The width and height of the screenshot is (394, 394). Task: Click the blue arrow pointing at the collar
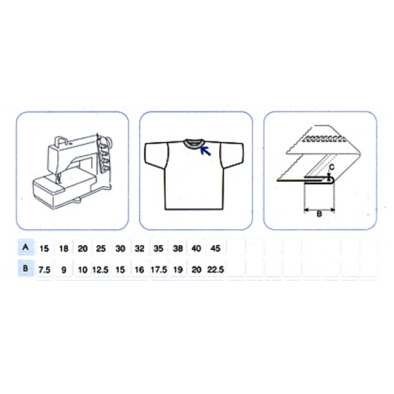click(x=206, y=151)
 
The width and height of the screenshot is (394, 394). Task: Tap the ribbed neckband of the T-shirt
click(x=193, y=143)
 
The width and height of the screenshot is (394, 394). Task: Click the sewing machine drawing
click(x=72, y=172)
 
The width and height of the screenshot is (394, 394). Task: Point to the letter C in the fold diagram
click(x=332, y=167)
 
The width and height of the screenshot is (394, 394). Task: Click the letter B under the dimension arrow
click(x=319, y=214)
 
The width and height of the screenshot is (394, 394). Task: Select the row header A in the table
click(x=25, y=247)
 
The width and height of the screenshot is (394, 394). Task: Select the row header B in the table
click(x=25, y=268)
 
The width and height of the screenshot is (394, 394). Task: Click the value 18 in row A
click(x=64, y=249)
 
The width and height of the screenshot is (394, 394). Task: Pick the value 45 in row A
click(x=216, y=249)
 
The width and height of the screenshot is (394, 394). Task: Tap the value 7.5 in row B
click(x=44, y=270)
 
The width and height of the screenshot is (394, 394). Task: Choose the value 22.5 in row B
click(x=216, y=269)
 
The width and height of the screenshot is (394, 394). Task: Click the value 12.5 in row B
click(x=100, y=270)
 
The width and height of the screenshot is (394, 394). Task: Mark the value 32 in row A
click(x=140, y=249)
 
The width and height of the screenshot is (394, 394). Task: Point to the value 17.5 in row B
click(x=159, y=269)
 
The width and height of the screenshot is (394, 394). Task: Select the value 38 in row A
click(x=178, y=249)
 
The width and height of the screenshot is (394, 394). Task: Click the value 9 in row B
click(x=64, y=270)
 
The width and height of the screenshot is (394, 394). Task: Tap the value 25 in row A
click(x=101, y=249)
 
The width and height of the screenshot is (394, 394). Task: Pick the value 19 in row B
click(x=178, y=269)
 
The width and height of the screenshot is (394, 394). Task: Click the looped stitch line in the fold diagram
click(x=324, y=139)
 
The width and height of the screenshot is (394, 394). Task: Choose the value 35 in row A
click(x=158, y=249)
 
